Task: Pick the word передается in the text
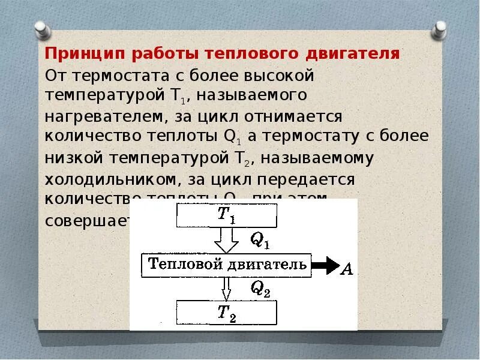tap(312, 179)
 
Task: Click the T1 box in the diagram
tap(226, 215)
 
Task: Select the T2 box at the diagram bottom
tap(226, 312)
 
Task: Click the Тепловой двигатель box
tap(227, 264)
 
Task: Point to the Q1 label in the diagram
tap(260, 241)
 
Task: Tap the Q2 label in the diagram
tap(260, 289)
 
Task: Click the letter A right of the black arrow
tap(346, 269)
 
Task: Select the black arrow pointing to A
tap(326, 265)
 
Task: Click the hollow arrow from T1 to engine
tap(226, 240)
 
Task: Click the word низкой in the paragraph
tap(71, 158)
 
